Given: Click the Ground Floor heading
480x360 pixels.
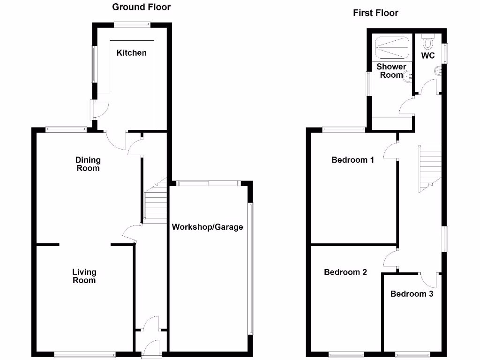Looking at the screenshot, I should click(141, 7).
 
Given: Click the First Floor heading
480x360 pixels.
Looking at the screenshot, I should click(375, 13).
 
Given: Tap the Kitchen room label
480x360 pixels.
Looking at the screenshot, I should click(131, 53).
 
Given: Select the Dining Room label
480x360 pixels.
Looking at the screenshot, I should click(88, 164).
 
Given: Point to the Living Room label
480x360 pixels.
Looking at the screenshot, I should click(84, 276).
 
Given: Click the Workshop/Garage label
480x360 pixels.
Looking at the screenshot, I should click(207, 227).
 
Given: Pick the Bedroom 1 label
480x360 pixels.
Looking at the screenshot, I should click(352, 160).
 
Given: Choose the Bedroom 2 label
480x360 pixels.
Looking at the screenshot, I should click(345, 272).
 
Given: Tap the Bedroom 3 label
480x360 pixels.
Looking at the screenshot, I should click(412, 294).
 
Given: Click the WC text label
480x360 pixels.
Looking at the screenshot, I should click(427, 55).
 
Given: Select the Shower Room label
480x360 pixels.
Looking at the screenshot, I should click(391, 71).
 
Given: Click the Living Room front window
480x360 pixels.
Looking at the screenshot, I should click(84, 354).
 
